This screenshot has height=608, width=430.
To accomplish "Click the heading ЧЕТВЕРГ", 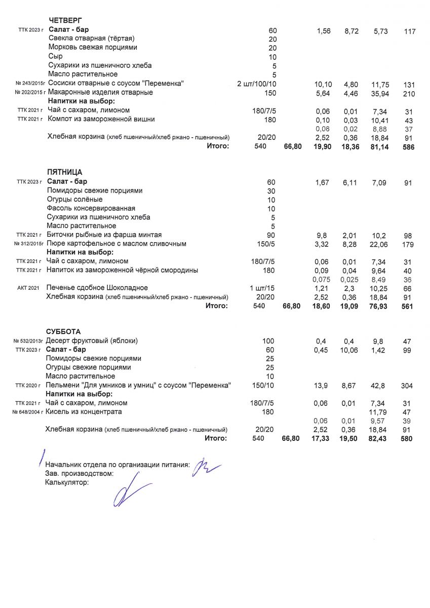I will tap(65, 20).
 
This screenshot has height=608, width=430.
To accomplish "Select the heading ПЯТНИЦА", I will tap(64, 172).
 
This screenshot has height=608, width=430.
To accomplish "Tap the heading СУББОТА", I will tap(63, 331).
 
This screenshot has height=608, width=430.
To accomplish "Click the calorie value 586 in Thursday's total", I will tap(408, 147).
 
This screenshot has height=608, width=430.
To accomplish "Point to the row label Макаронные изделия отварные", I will tap(100, 93).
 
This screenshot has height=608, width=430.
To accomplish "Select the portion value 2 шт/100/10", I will tap(256, 83).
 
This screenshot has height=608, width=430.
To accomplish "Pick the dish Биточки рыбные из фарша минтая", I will tap(104, 235).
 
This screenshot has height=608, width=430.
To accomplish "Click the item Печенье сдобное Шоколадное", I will tap(97, 288).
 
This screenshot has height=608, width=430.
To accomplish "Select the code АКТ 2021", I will tap(28, 288).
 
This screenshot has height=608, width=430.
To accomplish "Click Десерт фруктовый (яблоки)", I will tap(92, 341).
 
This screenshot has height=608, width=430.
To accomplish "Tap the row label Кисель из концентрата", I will tap(84, 412).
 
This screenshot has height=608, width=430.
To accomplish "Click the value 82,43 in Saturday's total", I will tap(379, 438).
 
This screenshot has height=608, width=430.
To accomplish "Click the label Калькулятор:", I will tap(67, 483).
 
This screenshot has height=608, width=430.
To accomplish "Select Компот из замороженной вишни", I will tap(101, 119).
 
